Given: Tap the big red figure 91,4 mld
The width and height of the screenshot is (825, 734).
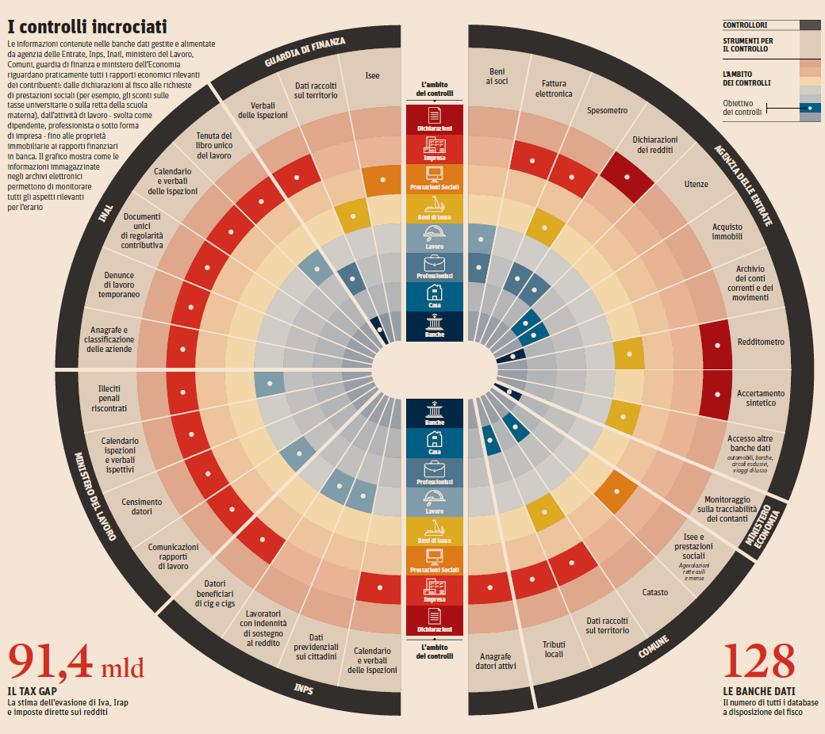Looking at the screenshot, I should click(x=76, y=661).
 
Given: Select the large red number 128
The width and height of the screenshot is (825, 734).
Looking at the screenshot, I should click(x=758, y=661).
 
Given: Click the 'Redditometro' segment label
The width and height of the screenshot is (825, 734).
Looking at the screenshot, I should click(x=760, y=342).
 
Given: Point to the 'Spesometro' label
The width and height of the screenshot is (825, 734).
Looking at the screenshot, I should click(x=607, y=111).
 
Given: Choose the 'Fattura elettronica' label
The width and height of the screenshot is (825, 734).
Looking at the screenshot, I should click(x=553, y=89).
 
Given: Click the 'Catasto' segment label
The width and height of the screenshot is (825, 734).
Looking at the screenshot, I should click(x=655, y=592).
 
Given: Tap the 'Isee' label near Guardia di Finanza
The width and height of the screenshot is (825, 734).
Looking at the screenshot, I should click(x=372, y=76).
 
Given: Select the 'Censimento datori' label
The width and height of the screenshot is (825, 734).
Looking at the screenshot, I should click(x=141, y=507).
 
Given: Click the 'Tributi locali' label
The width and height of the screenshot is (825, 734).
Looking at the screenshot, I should click(x=554, y=649).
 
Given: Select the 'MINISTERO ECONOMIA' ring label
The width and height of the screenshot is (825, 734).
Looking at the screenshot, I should click(x=762, y=525).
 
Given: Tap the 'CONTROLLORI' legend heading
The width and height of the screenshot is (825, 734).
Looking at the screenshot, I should click(x=750, y=25).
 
